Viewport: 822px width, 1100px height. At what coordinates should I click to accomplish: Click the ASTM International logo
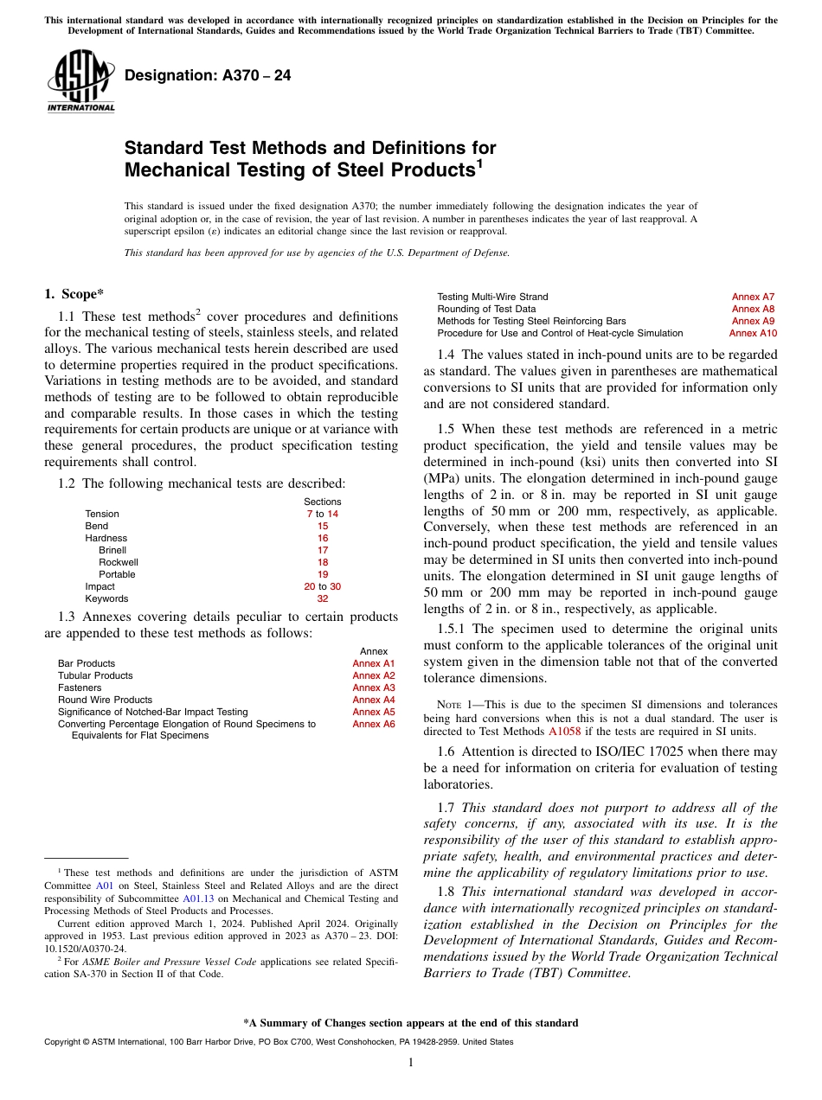pyautogui.click(x=80, y=81)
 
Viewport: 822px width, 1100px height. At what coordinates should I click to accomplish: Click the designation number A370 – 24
pyautogui.click(x=208, y=76)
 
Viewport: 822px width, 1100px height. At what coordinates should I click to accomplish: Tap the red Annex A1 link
pyautogui.click(x=373, y=663)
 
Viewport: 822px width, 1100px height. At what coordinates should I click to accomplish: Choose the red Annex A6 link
pyautogui.click(x=373, y=724)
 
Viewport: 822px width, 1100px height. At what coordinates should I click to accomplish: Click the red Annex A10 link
pyautogui.click(x=753, y=333)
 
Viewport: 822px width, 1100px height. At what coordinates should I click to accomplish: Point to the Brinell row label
pyautogui.click(x=112, y=550)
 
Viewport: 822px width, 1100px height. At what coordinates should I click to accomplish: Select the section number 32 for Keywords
pyautogui.click(x=323, y=598)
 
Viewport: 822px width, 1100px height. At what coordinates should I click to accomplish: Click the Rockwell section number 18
pyautogui.click(x=323, y=562)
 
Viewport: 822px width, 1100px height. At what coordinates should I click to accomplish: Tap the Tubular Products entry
pyautogui.click(x=95, y=675)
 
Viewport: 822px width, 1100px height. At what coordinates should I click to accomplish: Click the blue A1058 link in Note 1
pyautogui.click(x=565, y=731)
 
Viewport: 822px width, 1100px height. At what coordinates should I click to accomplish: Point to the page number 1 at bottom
pyautogui.click(x=411, y=1063)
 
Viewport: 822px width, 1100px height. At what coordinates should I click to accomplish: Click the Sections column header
pyautogui.click(x=323, y=502)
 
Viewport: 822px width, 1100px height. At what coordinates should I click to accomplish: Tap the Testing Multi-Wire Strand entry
pyautogui.click(x=492, y=297)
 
